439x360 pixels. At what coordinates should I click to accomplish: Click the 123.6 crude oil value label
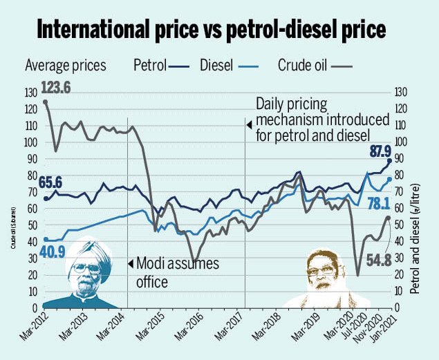[x=60, y=88]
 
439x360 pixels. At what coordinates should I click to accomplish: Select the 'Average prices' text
[x=65, y=66]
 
